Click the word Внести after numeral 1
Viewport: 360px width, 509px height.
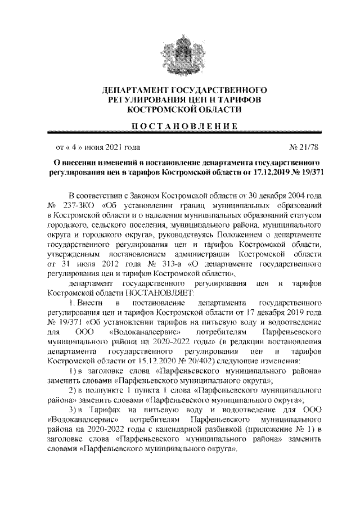(x=87, y=303)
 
